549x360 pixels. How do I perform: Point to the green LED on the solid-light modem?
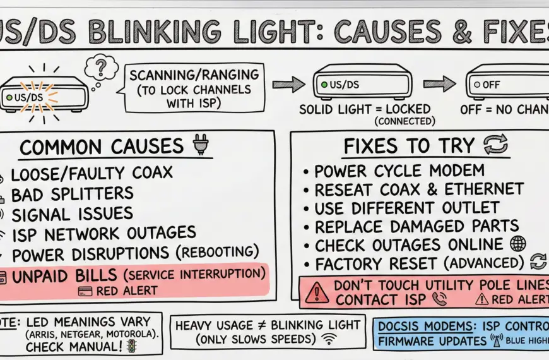tap(324, 84)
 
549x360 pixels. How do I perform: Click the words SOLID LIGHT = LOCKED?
tap(364, 109)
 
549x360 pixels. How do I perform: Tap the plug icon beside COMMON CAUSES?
tap(199, 146)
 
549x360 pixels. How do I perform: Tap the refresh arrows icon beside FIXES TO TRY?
tap(495, 146)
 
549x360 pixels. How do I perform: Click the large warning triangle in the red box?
tap(316, 292)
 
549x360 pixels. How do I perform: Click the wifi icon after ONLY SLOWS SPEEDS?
tap(328, 340)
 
